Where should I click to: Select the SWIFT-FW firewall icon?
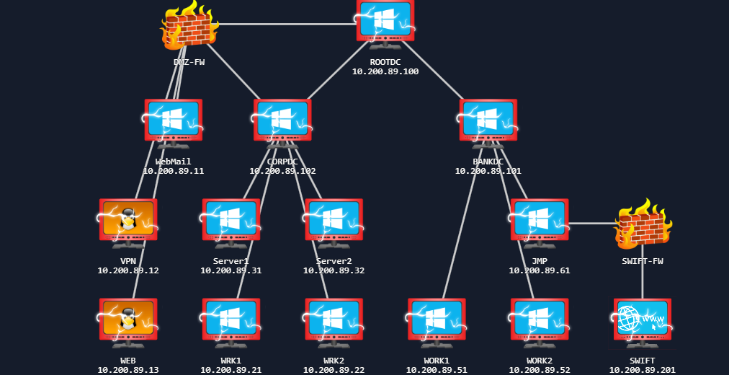click(643, 224)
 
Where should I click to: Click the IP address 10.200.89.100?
click(385, 71)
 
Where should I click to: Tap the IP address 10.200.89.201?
click(642, 370)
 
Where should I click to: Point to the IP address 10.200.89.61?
click(539, 270)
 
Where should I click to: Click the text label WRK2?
click(334, 360)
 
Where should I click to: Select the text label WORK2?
click(539, 360)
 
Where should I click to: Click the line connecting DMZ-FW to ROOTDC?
click(288, 24)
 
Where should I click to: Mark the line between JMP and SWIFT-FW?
click(592, 224)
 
